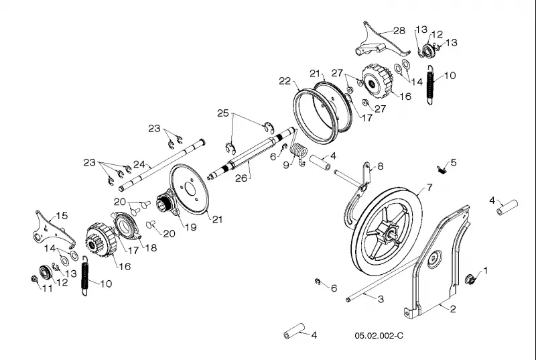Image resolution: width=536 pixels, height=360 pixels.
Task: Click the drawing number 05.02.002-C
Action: (x=379, y=336)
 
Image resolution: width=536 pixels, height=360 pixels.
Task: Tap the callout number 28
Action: (x=399, y=31)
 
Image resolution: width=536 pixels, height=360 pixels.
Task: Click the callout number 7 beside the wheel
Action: (x=429, y=187)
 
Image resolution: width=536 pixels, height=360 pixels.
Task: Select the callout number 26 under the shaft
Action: (x=241, y=178)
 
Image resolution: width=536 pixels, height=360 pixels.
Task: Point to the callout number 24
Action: (x=139, y=164)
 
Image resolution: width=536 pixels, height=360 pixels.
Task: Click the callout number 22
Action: (x=285, y=81)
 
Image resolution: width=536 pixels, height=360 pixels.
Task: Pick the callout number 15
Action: (x=62, y=216)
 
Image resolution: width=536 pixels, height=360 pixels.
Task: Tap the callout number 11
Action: (x=48, y=288)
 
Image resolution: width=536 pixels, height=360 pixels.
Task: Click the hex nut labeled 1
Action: (x=470, y=279)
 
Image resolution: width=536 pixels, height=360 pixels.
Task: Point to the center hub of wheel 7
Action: (x=391, y=234)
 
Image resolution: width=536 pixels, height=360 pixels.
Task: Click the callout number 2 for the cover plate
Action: (x=453, y=309)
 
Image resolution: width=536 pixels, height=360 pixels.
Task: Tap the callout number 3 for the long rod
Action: (x=381, y=299)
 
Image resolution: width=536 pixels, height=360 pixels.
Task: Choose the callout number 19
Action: (x=191, y=227)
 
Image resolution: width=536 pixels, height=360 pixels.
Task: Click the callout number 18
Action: (x=151, y=248)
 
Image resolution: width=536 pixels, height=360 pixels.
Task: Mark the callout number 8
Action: (x=381, y=166)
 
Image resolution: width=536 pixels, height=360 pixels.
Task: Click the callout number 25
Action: (x=223, y=113)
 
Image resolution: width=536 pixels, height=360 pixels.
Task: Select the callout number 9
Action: (x=286, y=165)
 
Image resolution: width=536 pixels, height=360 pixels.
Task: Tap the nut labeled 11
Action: (x=34, y=280)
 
